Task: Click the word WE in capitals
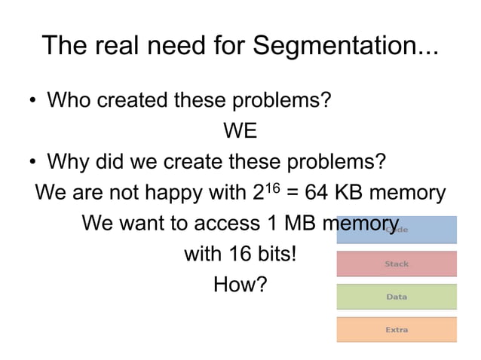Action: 240,131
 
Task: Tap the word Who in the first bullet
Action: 69,99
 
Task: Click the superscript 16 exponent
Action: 275,186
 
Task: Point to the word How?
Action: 240,285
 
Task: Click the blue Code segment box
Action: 397,230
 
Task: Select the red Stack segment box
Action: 397,264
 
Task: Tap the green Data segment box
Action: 397,297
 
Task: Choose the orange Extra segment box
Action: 397,330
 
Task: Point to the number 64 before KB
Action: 314,193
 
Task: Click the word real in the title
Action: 115,47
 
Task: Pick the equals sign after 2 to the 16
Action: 293,194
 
